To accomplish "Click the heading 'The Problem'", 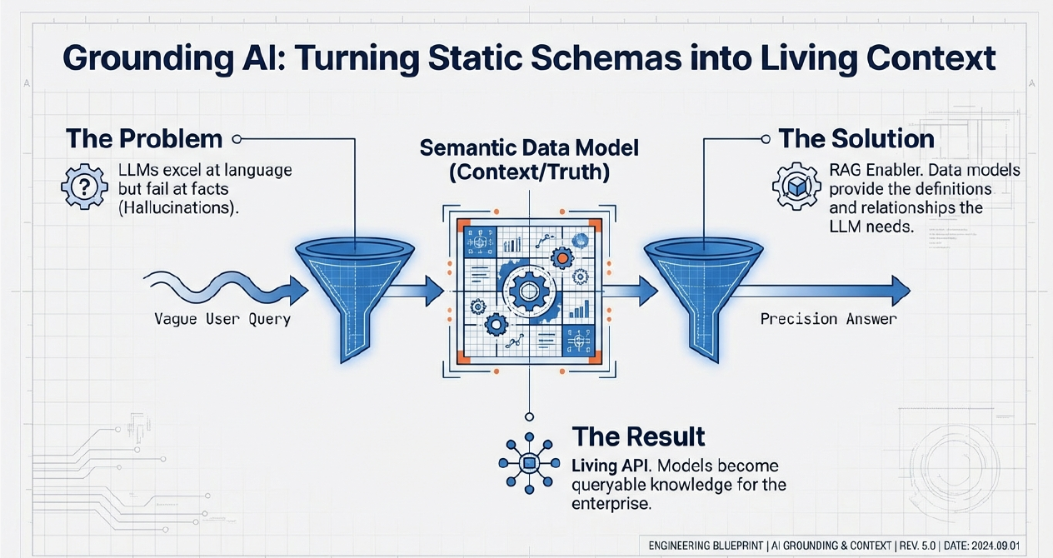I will coord(143,138).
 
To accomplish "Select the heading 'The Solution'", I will coord(856,138).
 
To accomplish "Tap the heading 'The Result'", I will coord(638,436).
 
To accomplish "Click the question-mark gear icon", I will coord(80,187).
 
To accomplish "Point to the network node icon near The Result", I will coord(527,464).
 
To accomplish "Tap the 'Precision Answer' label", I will coord(829,319).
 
